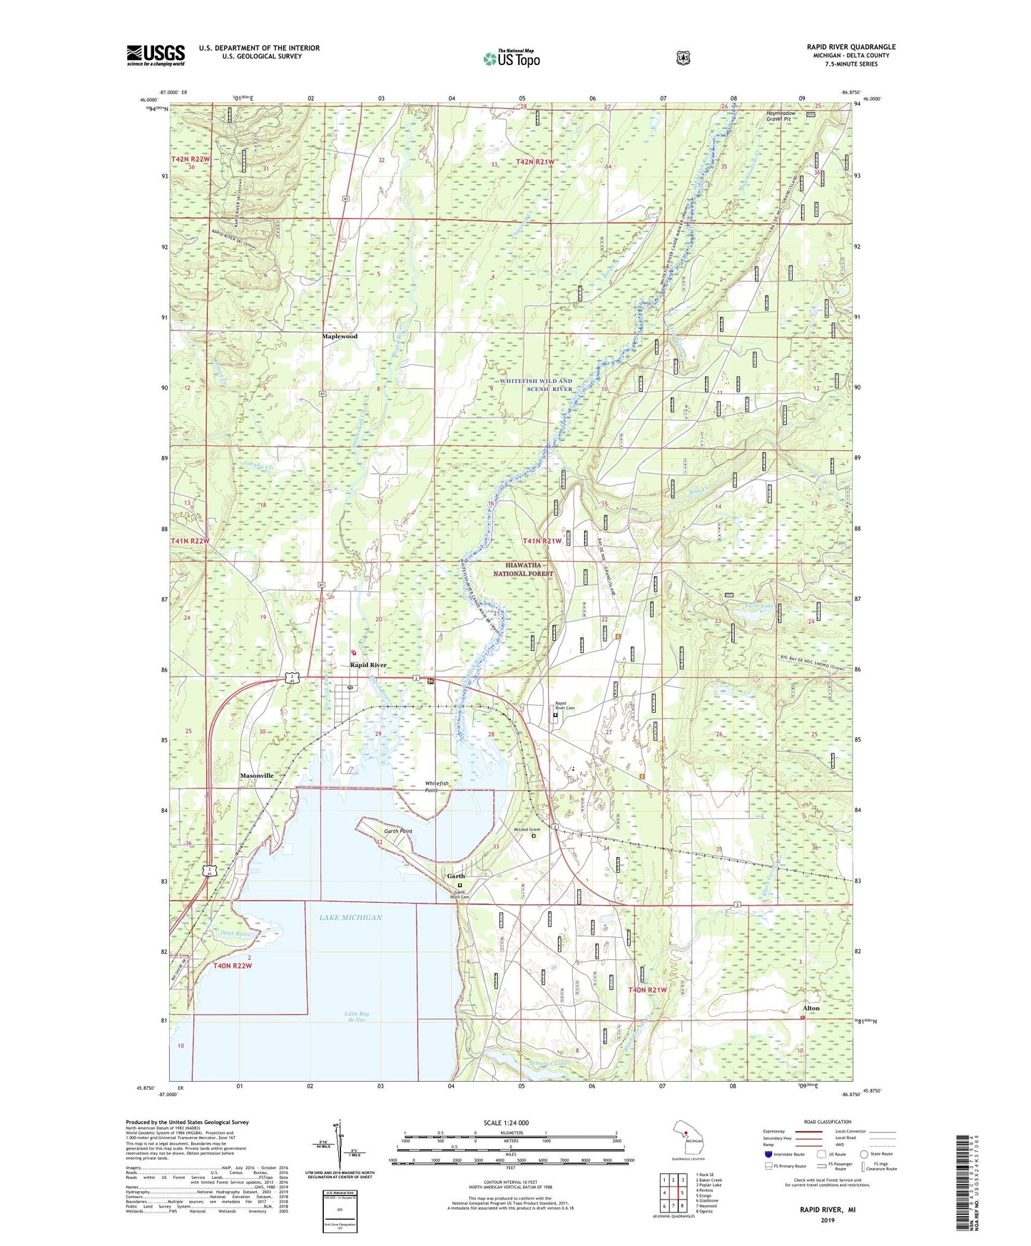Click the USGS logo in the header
[156, 56]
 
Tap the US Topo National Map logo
[511, 59]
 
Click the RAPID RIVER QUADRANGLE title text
[850, 47]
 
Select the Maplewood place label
[339, 336]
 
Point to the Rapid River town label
[368, 665]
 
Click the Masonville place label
[257, 776]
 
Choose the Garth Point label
[398, 831]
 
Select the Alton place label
[810, 1008]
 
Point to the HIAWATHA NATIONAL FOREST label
[523, 569]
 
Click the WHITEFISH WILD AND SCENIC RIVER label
[536, 385]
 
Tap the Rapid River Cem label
[565, 706]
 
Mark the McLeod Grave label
[524, 829]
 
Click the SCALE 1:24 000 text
[506, 1123]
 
